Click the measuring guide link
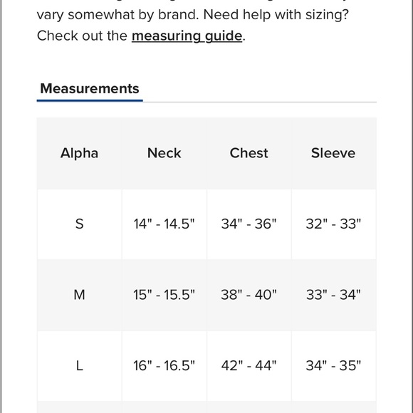click(x=187, y=36)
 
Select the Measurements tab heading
click(x=90, y=89)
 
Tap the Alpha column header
click(x=79, y=153)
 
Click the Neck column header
click(x=164, y=153)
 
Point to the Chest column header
click(x=249, y=153)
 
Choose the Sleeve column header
click(x=333, y=153)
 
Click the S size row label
click(x=79, y=224)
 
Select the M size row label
click(x=79, y=295)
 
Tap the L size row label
click(x=79, y=366)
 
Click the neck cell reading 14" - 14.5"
click(x=164, y=224)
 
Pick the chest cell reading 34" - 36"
click(x=249, y=224)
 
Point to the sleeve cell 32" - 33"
click(x=333, y=224)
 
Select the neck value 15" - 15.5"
click(x=164, y=295)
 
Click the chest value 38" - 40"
click(x=249, y=295)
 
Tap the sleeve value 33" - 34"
click(x=333, y=295)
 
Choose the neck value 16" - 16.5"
click(x=164, y=366)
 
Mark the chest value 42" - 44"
click(x=249, y=366)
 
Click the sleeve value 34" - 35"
click(x=333, y=366)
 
